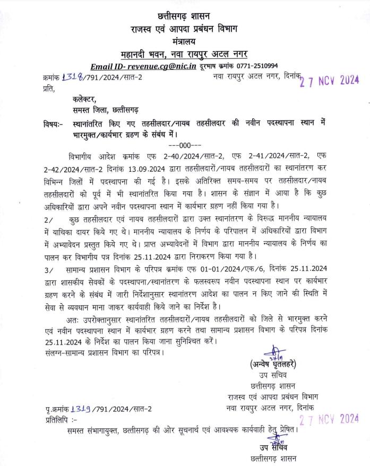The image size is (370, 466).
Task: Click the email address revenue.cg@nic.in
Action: pyautogui.click(x=159, y=66)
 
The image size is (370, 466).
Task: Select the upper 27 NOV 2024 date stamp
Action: pyautogui.click(x=329, y=81)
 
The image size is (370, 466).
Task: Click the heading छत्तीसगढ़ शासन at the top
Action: pyautogui.click(x=185, y=16)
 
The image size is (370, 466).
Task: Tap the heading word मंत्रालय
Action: pyautogui.click(x=185, y=41)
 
